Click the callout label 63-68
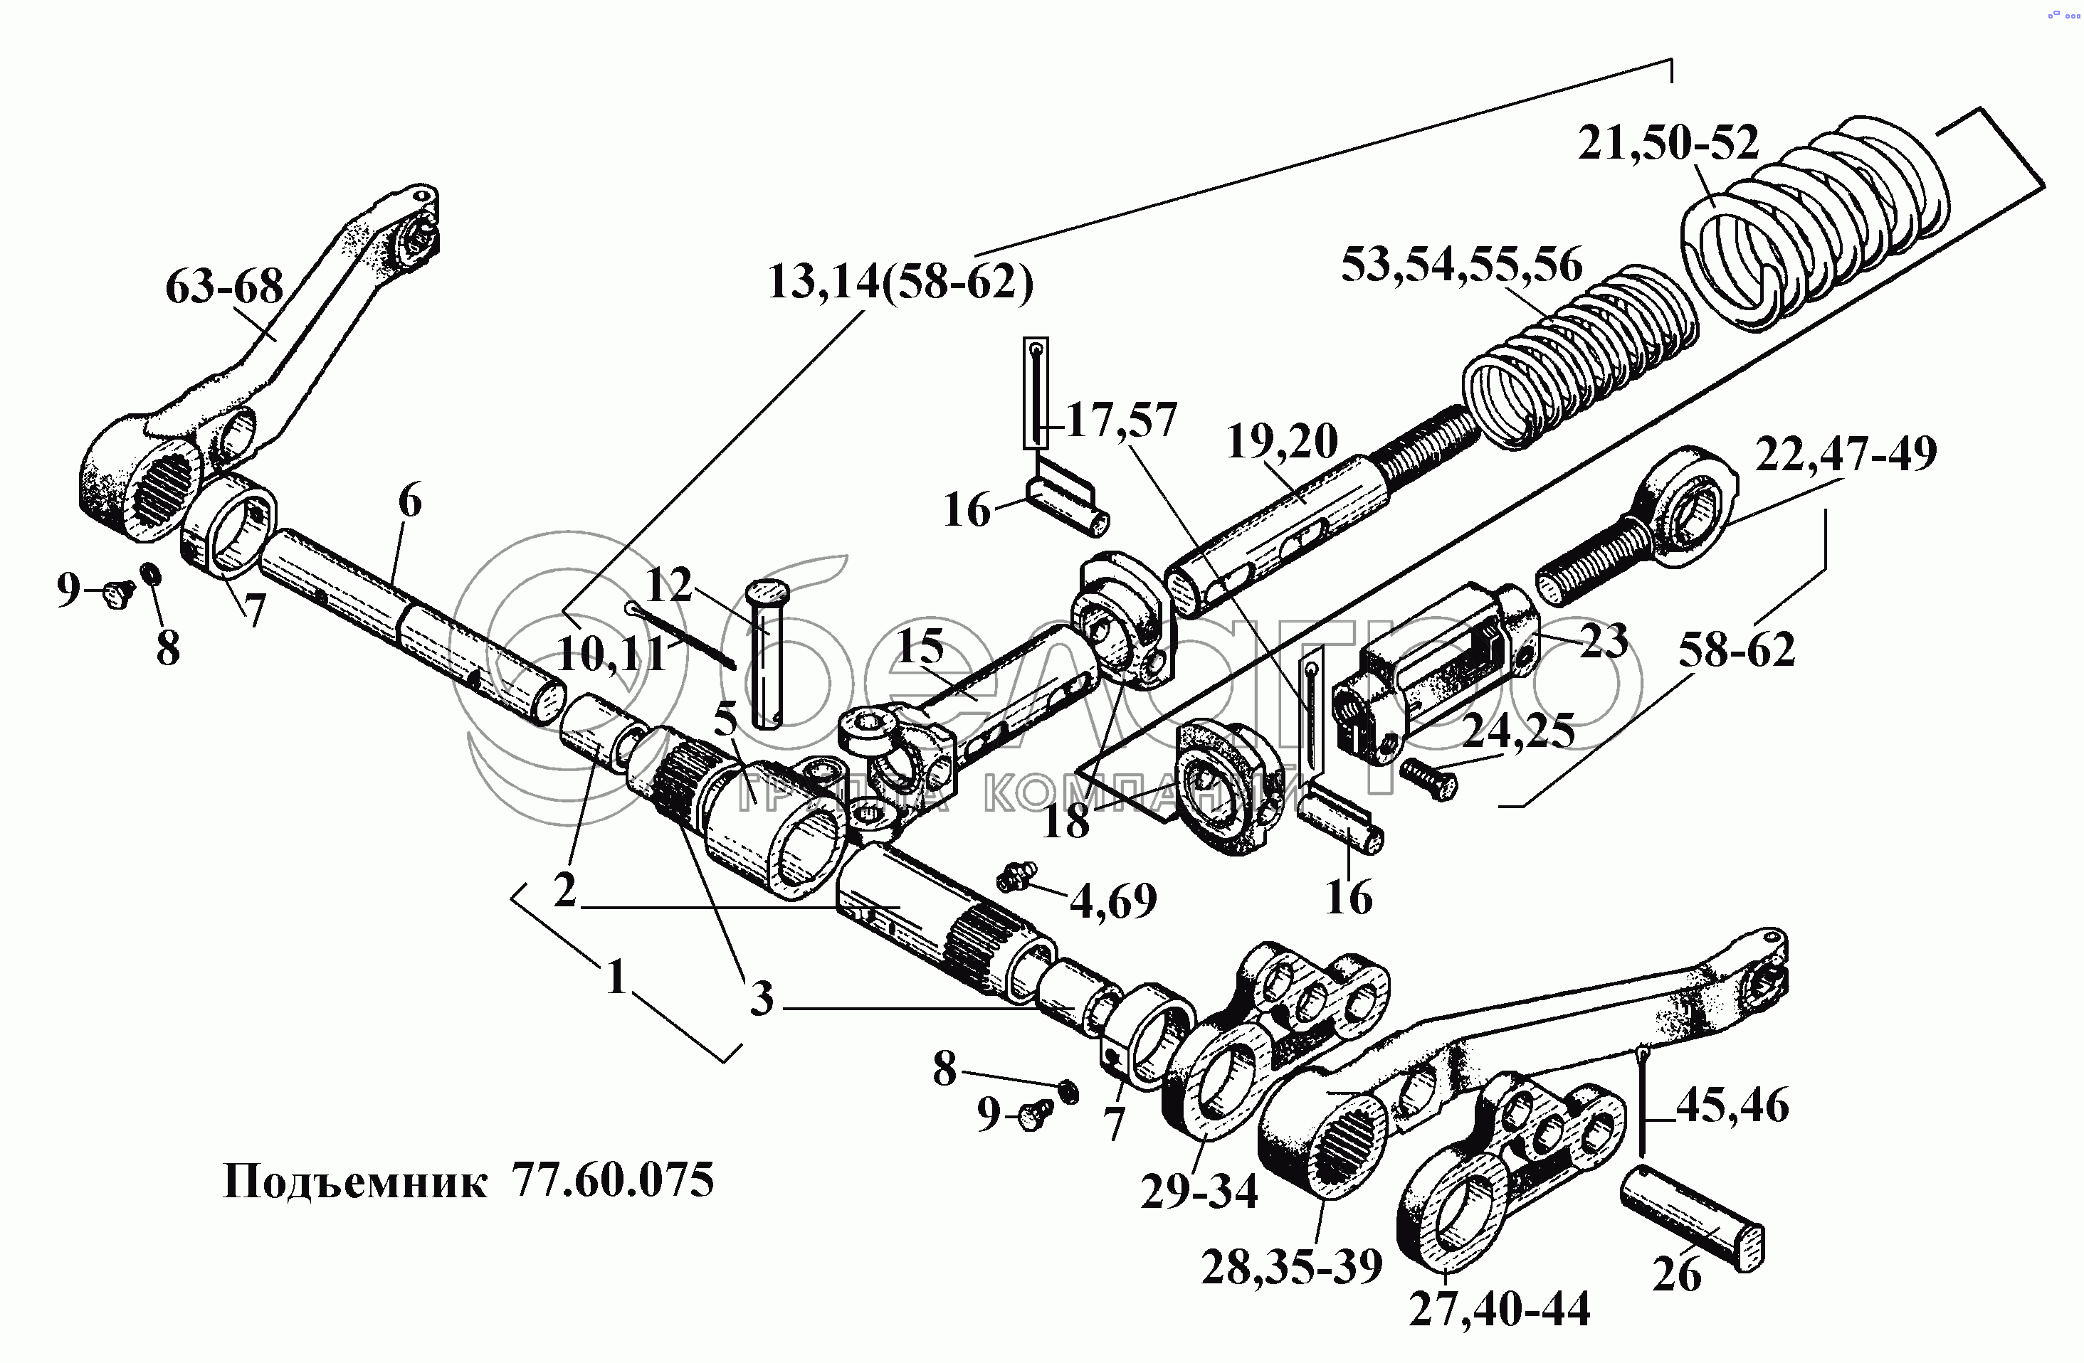point(224,287)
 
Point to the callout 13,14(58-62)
point(900,282)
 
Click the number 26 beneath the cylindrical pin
point(1677,1273)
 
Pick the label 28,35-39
point(1292,1266)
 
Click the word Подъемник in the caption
point(355,1182)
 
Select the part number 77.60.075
point(613,1181)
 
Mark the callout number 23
point(1604,641)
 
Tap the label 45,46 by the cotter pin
point(1732,1106)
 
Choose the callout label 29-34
point(1198,1192)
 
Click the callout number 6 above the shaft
point(410,502)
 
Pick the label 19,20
point(1282,442)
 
